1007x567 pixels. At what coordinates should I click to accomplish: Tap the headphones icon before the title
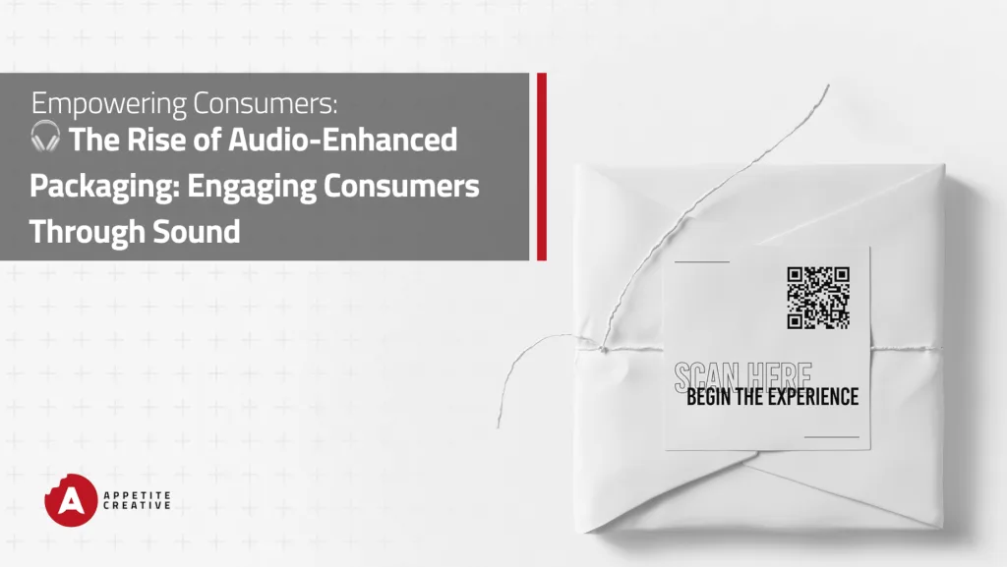pos(45,136)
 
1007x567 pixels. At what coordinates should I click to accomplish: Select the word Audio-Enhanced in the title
pos(343,140)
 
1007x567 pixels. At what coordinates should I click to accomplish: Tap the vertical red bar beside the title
pos(542,167)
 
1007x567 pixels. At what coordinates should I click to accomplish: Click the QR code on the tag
pos(818,299)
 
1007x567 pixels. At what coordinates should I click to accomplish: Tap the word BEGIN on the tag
pos(709,397)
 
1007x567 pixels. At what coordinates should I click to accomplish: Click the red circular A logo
pos(71,500)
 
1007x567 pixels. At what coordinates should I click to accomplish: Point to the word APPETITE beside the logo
pos(138,495)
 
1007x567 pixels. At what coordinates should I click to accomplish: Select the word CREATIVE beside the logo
pos(138,505)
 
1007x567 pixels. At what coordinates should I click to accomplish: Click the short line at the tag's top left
pos(702,261)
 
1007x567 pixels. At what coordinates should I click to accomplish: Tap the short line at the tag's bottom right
pos(832,436)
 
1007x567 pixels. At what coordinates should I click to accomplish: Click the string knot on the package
pos(603,349)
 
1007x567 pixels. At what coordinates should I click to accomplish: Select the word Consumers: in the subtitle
pos(265,103)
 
